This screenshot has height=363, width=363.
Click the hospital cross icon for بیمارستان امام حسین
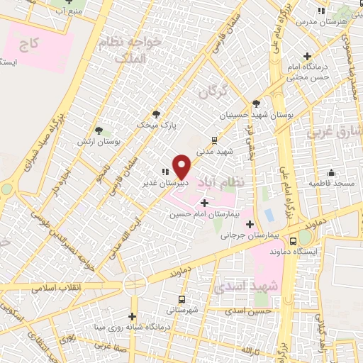[205, 203]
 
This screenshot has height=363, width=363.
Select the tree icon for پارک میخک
[157, 113]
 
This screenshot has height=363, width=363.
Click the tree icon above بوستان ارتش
[99, 130]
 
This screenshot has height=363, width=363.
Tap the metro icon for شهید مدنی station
[215, 140]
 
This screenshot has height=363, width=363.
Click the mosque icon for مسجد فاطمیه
[331, 172]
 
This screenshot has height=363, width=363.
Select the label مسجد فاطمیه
[327, 183]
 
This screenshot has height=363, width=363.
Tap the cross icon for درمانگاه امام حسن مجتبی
[307, 56]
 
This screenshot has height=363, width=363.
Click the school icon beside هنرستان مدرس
[321, 11]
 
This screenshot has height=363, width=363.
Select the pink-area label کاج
[29, 45]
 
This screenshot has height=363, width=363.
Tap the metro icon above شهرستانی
[183, 299]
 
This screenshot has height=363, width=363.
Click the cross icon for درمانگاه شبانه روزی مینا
[132, 316]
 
